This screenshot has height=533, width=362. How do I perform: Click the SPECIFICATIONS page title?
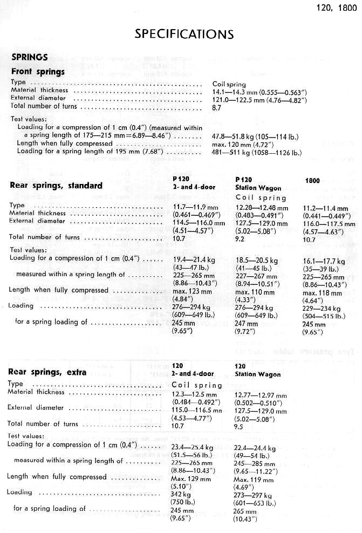[183, 34]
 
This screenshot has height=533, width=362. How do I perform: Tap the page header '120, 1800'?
[334, 8]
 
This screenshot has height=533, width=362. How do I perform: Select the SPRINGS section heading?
[30, 57]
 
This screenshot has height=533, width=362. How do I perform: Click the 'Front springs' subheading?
[38, 71]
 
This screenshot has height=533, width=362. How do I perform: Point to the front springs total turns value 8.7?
[217, 107]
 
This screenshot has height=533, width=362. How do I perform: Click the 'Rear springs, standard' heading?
[56, 186]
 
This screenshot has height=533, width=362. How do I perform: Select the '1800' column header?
[313, 181]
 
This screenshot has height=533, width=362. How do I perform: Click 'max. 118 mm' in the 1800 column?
[322, 293]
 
